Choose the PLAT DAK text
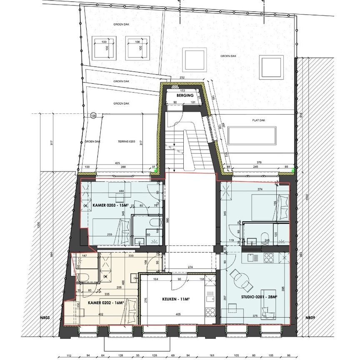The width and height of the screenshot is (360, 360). [258, 120]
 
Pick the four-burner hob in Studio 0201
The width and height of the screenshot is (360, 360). [268, 258]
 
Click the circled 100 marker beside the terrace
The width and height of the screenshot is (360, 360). [93, 115]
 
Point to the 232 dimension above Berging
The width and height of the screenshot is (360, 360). [182, 77]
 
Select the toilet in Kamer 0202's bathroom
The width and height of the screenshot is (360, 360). [81, 276]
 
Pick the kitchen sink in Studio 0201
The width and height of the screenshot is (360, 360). [251, 257]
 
